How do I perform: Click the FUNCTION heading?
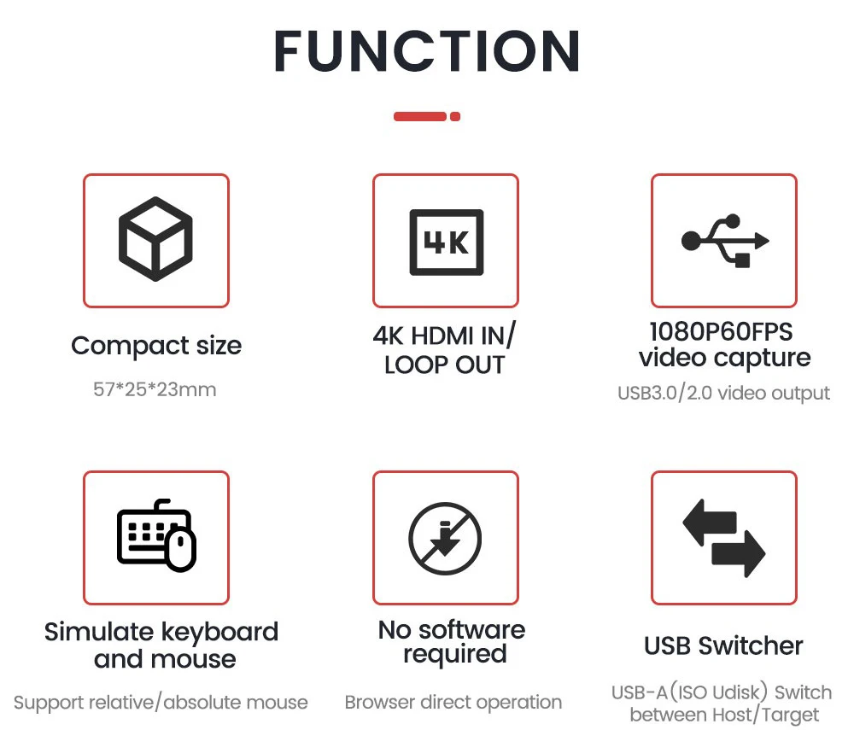427,51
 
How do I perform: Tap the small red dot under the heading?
455,116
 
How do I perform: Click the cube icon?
155,240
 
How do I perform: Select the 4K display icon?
446,241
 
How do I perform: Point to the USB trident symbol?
725,241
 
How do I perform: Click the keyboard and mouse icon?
156,537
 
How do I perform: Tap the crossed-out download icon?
445,539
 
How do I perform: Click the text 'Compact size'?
156,346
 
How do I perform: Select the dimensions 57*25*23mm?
155,390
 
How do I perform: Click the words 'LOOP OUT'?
445,365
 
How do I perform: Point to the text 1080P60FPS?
721,332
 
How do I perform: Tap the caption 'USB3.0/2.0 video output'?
723,394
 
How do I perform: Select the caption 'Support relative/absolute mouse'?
161,703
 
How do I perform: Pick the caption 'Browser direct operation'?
453,703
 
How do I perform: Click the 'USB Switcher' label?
723,646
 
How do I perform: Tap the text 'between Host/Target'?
724,715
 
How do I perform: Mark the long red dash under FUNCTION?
420,116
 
